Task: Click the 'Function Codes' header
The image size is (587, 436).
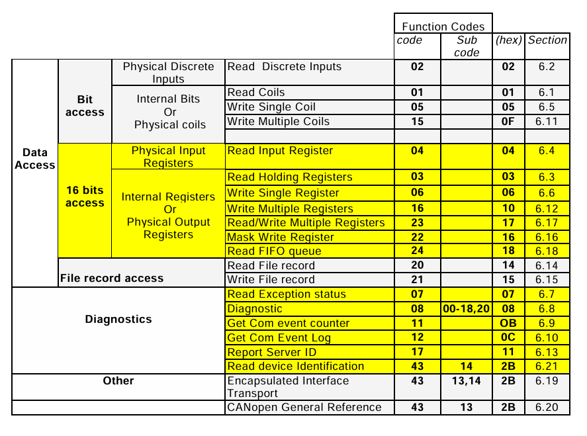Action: pos(443,26)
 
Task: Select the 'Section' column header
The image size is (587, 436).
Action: pos(547,40)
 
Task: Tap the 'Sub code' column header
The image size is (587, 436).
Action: pos(467,46)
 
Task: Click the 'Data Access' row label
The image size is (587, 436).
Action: pos(34,159)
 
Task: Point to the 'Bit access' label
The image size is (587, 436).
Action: pos(85,106)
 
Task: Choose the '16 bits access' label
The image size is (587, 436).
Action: pos(85,196)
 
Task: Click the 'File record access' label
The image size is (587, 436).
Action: pos(112,279)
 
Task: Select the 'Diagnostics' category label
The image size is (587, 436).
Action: pos(118,319)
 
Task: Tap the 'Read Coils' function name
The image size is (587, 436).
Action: pos(256,93)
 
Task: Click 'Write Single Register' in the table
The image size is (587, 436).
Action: pos(283,193)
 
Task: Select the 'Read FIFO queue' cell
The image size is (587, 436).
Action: pos(274,251)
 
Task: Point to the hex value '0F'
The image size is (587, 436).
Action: pos(508,122)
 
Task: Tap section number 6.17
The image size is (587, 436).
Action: pos(547,222)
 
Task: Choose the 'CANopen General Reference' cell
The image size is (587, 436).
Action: pos(304,408)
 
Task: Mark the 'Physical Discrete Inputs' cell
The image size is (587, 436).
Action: pos(169,73)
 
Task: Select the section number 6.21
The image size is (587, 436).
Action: pos(547,367)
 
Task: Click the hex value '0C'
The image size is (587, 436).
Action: pos(508,338)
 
